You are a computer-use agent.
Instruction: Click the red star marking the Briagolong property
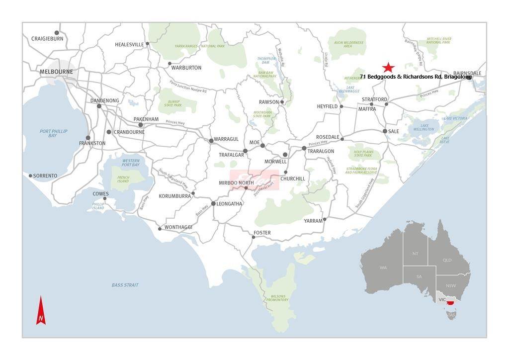388,68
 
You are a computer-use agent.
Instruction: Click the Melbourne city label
56,72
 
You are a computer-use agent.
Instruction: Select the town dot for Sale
385,131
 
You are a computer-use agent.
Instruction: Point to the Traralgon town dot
304,148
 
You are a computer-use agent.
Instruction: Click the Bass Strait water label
125,285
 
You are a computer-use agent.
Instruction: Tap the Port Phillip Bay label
53,133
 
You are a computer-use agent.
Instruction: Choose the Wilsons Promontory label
277,297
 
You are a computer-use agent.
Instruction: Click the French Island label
123,179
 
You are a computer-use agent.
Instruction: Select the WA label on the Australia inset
383,268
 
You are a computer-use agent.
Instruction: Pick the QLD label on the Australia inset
447,260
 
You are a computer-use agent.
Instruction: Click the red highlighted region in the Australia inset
451,302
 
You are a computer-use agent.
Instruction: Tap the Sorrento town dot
31,176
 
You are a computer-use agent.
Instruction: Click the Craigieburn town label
47,39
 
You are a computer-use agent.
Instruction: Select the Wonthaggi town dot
160,229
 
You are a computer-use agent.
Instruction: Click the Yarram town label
313,221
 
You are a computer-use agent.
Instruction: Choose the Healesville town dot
147,44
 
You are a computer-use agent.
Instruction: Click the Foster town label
262,233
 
